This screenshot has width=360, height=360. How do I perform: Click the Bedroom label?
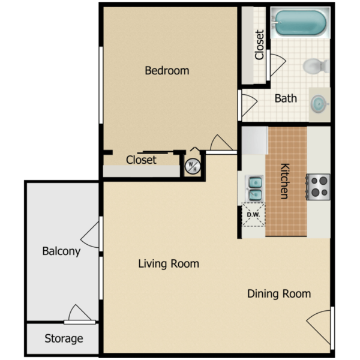[x=167, y=71]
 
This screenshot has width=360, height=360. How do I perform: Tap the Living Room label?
[x=169, y=263]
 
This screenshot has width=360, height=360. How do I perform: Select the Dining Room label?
[x=279, y=293]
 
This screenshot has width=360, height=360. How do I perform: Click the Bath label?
[x=286, y=98]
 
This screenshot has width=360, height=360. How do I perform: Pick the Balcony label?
[x=61, y=251]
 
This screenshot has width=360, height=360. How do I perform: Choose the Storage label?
[x=64, y=339]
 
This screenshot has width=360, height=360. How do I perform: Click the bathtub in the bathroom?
[x=299, y=23]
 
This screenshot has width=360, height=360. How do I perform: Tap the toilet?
[x=315, y=65]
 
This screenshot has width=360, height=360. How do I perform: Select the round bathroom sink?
[x=319, y=104]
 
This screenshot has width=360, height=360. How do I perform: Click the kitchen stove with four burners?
[x=318, y=186]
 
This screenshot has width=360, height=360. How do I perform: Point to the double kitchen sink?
[x=254, y=188]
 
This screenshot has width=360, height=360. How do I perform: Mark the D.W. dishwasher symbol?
[x=253, y=215]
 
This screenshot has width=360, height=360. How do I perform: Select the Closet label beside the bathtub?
[x=259, y=45]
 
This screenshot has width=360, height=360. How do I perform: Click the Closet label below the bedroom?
[x=141, y=160]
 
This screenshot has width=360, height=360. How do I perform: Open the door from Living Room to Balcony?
[x=92, y=234]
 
